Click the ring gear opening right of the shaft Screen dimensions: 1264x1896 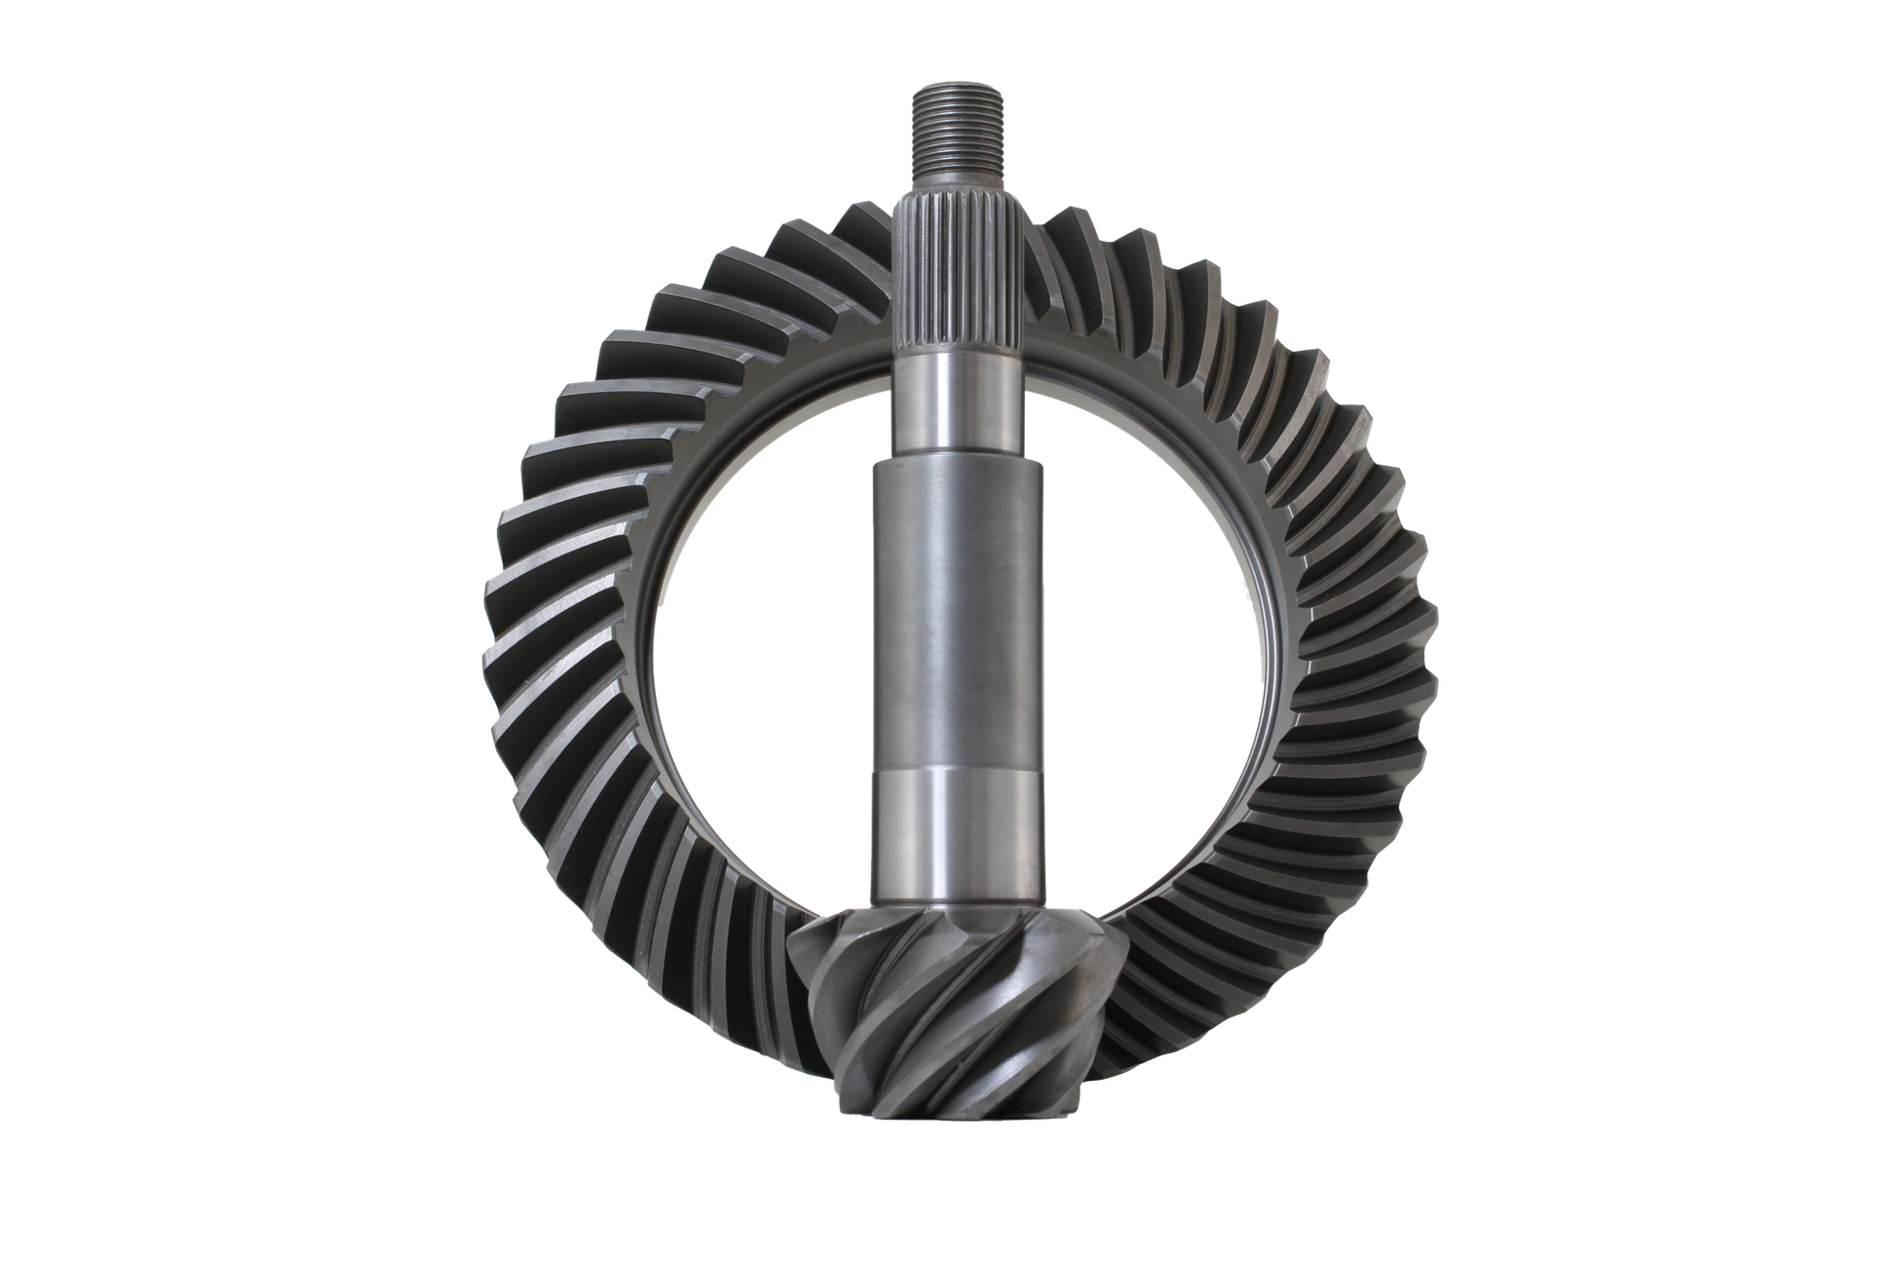1150,633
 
